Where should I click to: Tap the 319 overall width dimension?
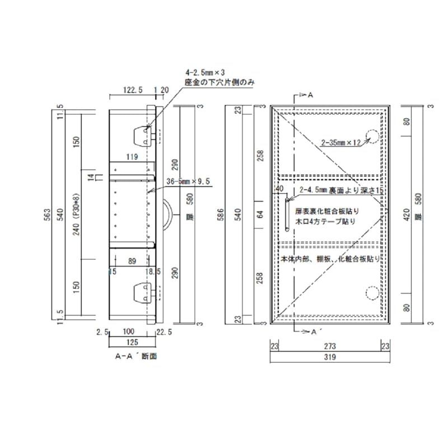tap(329, 357)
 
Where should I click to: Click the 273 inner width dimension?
tap(329, 347)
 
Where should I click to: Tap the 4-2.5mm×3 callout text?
tap(204, 73)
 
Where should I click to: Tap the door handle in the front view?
tap(287, 213)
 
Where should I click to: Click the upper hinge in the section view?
tap(142, 134)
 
